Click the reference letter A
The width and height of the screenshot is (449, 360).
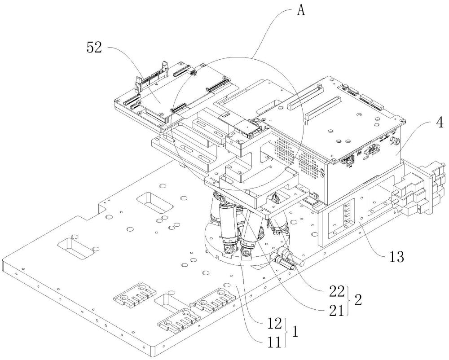click(301, 11)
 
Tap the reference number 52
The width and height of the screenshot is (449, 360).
click(94, 48)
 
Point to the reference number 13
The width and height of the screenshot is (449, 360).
click(396, 257)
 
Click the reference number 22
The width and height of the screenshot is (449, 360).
click(337, 292)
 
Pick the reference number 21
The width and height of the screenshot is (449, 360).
click(337, 311)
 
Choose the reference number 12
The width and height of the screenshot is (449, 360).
click(274, 323)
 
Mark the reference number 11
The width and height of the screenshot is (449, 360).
click(274, 342)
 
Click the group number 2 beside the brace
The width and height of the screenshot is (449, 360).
click(358, 300)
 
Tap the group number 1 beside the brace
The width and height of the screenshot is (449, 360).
click(295, 332)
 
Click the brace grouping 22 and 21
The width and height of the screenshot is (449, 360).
click(349, 301)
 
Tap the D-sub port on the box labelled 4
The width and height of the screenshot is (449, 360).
click(371, 149)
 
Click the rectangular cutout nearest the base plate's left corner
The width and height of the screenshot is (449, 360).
click(76, 248)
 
